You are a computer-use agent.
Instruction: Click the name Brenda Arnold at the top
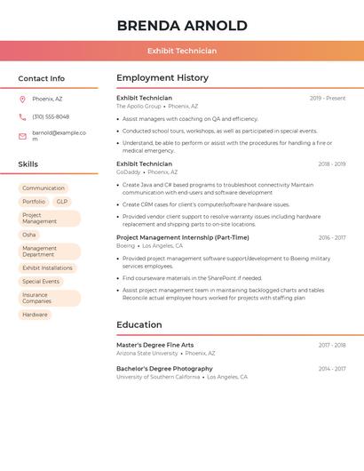[x=182, y=25]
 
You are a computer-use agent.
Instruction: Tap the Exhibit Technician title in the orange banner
[x=182, y=51]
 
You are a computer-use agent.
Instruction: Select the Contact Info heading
[x=42, y=78]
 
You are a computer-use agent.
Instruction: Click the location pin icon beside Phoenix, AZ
[x=22, y=99]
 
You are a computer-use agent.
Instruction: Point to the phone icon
[x=22, y=116]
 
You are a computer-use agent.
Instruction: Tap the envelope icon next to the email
[x=22, y=136]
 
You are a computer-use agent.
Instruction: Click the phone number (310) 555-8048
[x=51, y=116]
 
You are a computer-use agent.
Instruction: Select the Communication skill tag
[x=44, y=188]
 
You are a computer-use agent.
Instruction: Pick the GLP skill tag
[x=62, y=202]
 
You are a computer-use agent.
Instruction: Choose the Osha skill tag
[x=29, y=235]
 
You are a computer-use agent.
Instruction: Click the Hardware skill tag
[x=36, y=315]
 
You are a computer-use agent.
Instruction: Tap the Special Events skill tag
[x=41, y=282]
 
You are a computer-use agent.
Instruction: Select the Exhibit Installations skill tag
[x=48, y=267]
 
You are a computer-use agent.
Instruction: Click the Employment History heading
[x=162, y=78]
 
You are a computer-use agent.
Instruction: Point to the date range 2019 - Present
[x=328, y=99]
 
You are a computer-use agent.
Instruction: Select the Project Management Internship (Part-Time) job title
[x=183, y=238]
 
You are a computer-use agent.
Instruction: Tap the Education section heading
[x=139, y=325]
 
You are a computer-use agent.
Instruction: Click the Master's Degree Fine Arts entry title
[x=155, y=345]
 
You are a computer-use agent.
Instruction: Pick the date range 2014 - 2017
[x=332, y=369]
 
